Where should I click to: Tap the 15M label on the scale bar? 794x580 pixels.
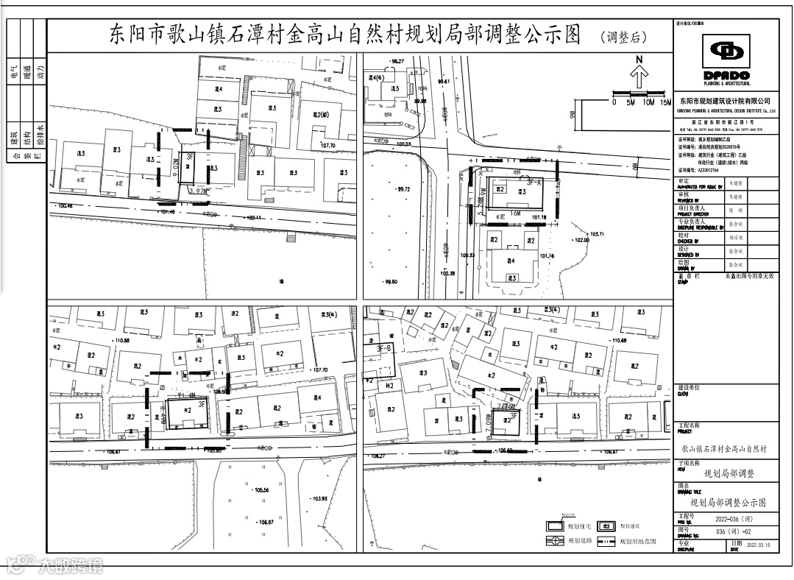pos(665,102)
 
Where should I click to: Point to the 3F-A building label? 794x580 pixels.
pos(534,181)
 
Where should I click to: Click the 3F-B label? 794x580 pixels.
pos(383,348)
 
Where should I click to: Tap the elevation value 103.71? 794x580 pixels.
pos(596,234)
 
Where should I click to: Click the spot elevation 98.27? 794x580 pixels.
pos(398,60)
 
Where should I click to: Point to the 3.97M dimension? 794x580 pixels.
pos(197,191)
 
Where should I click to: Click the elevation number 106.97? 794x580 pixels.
pos(266,523)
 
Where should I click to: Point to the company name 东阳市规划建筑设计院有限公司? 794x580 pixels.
pos(725,100)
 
